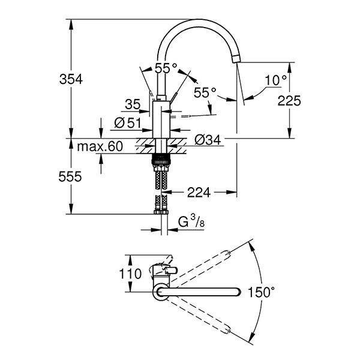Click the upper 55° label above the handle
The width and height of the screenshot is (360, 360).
pos(166,68)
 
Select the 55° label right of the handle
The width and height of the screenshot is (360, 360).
pos(205,92)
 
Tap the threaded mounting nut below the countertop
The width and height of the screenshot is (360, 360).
pos(160,160)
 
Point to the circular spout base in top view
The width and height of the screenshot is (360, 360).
pos(161,292)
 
